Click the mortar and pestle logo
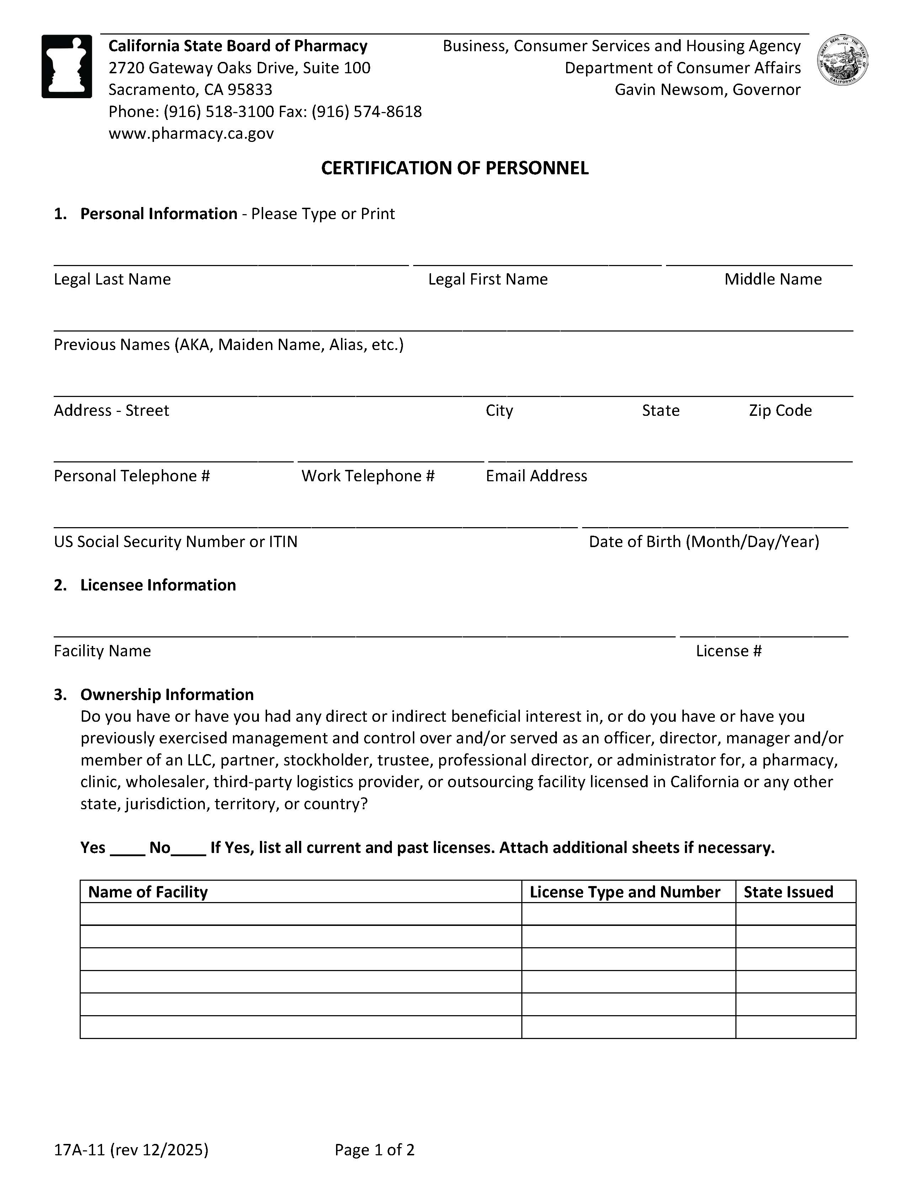click(x=66, y=66)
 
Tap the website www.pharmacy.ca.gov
click(x=191, y=133)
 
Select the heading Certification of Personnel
click(x=454, y=168)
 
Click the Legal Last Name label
click(x=112, y=279)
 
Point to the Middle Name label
click(x=773, y=279)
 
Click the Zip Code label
click(x=779, y=410)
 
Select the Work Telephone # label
click(x=368, y=476)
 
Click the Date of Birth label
click(x=703, y=542)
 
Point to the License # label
click(x=728, y=651)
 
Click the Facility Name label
click(x=102, y=651)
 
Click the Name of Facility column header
click(x=148, y=892)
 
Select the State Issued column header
click(x=788, y=892)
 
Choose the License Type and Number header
click(x=624, y=892)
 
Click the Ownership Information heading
click(x=167, y=694)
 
